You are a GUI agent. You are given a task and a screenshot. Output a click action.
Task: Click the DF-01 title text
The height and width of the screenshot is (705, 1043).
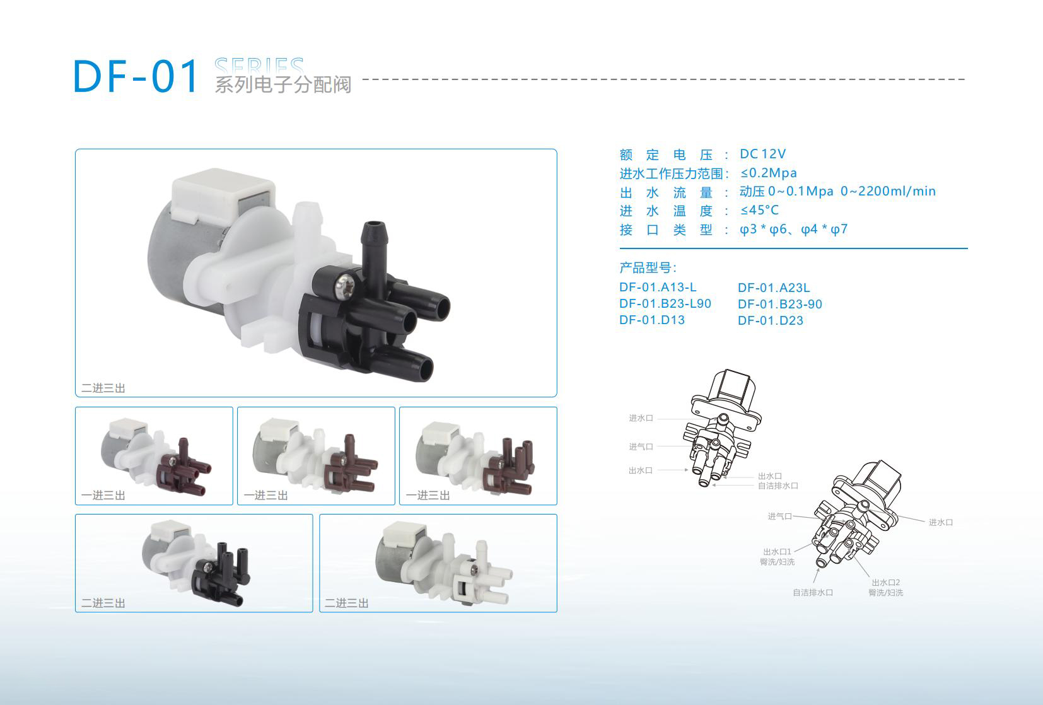[136, 76]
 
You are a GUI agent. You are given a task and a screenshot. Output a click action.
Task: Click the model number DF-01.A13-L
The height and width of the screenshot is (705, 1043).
[658, 288]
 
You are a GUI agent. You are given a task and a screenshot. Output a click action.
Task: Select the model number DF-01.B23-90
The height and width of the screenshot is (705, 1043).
[780, 304]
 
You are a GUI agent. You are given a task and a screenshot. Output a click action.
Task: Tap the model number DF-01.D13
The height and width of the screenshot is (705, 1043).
[652, 320]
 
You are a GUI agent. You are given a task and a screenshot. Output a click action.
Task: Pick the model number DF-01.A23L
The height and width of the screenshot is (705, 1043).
[774, 288]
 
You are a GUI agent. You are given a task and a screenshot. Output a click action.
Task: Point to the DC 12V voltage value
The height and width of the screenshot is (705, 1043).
[762, 154]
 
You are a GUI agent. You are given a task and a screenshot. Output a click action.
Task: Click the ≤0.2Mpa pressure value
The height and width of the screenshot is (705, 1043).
[769, 173]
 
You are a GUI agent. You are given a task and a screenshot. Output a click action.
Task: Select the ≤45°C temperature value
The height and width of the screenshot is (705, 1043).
[759, 211]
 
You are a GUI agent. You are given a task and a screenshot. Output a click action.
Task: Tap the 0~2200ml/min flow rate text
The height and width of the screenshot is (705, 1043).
[888, 191]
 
